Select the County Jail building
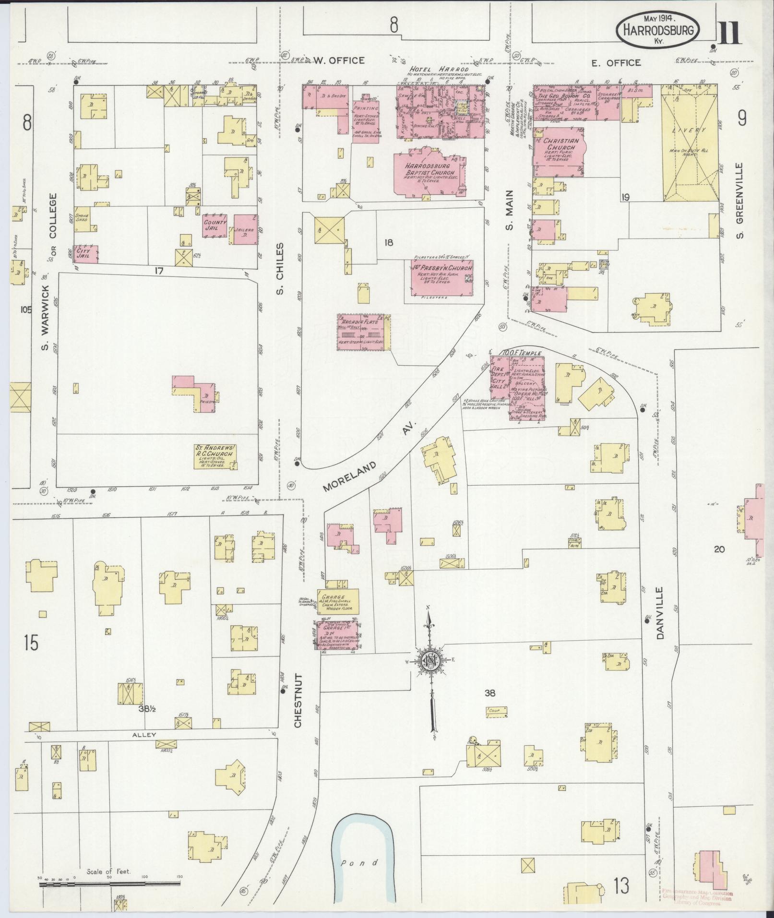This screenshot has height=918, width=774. [x=214, y=226]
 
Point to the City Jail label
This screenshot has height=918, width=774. [x=87, y=253]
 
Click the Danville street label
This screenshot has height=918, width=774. [x=660, y=613]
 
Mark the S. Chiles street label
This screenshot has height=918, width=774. [x=280, y=268]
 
